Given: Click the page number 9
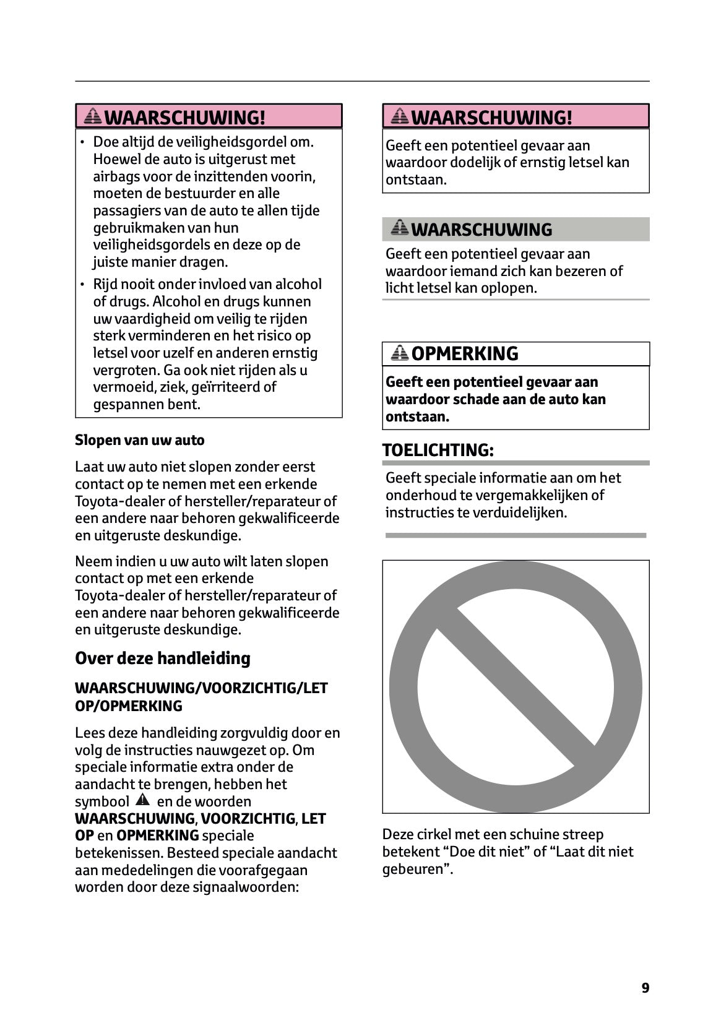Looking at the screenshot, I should click(x=645, y=988).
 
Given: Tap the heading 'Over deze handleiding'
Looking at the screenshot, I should click(x=162, y=658).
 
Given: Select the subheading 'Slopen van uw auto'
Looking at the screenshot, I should click(x=139, y=440).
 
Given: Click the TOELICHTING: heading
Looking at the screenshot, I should click(x=438, y=450).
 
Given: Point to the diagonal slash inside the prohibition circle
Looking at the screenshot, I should click(x=516, y=686).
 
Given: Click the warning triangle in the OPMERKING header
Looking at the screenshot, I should click(x=400, y=353).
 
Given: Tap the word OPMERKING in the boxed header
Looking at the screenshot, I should click(x=464, y=353).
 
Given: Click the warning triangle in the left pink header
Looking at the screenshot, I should click(x=93, y=116).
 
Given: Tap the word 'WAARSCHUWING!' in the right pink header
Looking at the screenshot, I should click(x=491, y=117).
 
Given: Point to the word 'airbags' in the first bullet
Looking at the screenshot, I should click(x=113, y=176).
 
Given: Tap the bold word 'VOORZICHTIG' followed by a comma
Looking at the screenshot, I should click(x=248, y=819).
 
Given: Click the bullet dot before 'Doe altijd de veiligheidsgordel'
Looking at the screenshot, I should click(x=82, y=143).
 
